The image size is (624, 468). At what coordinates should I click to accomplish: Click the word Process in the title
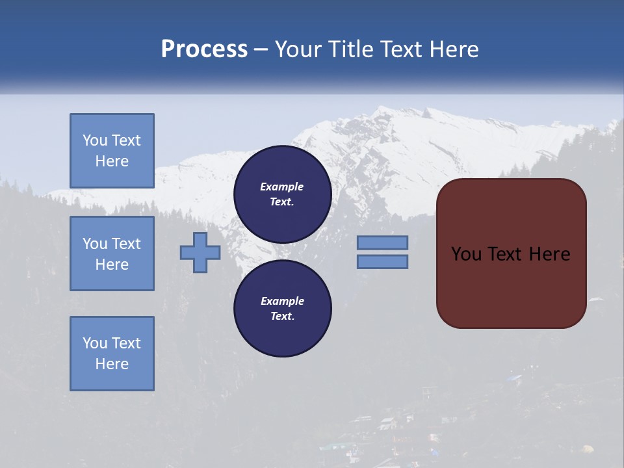click(204, 49)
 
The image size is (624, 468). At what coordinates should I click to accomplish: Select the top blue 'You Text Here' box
click(112, 151)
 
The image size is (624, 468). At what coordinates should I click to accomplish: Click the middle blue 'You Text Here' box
click(112, 253)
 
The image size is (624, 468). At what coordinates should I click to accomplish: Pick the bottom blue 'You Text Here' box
click(112, 353)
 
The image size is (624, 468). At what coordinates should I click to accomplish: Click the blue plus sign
click(200, 252)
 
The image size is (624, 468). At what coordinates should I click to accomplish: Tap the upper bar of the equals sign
click(382, 242)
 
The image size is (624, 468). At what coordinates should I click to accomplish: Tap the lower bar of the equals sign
click(382, 261)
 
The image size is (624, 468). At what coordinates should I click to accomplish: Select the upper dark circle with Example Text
click(282, 194)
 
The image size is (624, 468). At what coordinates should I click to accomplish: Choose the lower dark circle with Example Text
click(282, 308)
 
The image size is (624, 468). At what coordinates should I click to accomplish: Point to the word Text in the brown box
click(508, 254)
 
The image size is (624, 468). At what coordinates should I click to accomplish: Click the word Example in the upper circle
click(282, 187)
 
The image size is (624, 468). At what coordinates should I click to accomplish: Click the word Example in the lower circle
click(282, 301)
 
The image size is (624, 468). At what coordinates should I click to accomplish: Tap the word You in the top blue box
click(94, 140)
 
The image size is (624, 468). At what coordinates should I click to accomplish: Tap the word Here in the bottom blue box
click(112, 364)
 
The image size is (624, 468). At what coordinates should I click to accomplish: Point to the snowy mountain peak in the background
click(390, 117)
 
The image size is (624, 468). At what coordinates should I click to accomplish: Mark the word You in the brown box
click(466, 254)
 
